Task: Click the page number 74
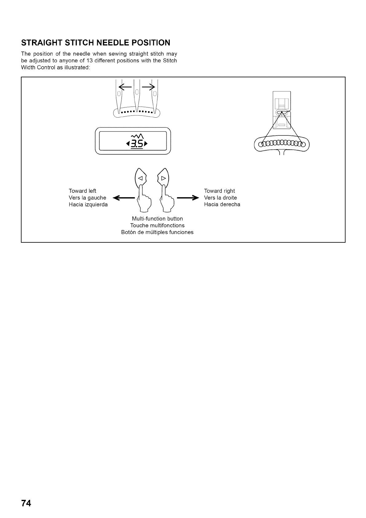tap(26, 503)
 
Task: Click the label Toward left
tap(82, 191)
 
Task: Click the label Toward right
tap(219, 191)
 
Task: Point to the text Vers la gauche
tap(87, 198)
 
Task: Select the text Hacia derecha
tap(222, 204)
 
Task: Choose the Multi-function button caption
tap(157, 219)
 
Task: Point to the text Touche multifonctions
tap(157, 225)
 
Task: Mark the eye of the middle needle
tap(137, 93)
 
